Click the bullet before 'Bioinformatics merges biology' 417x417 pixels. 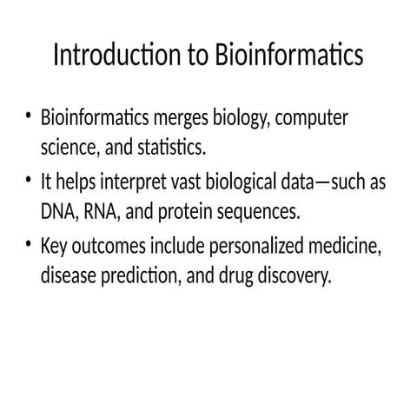(x=30, y=116)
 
